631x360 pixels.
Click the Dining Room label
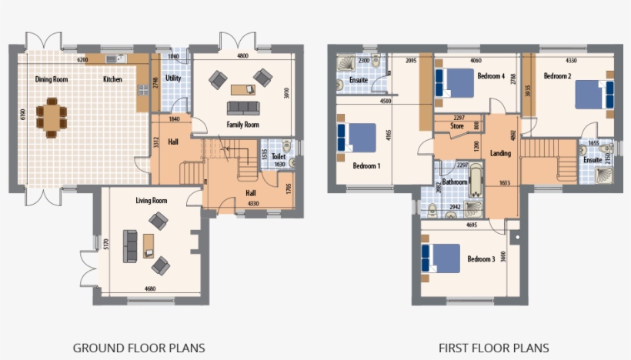tap(53, 79)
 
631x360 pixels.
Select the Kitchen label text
tap(112, 79)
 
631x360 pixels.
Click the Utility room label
tap(173, 78)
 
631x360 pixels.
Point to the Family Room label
tap(242, 125)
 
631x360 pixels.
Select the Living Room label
tap(152, 201)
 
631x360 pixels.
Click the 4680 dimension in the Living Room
tap(152, 288)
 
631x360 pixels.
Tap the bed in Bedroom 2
tap(595, 93)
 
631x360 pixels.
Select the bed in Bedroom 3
tap(440, 258)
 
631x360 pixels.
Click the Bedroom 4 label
tap(490, 76)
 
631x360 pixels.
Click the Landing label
tap(500, 153)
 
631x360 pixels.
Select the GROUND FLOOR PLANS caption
tap(139, 348)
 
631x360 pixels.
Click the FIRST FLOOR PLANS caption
tap(494, 348)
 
